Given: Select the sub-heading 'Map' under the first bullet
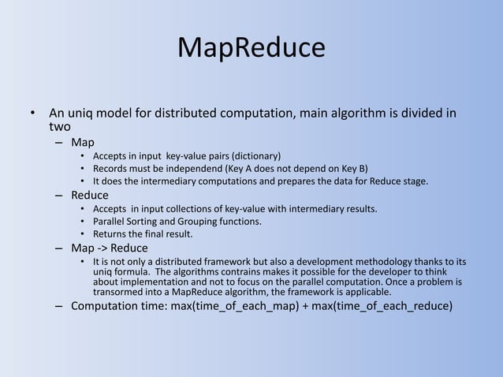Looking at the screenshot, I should point(82,142).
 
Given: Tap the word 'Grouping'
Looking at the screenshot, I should point(214,222).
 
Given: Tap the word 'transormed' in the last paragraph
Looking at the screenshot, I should point(119,292).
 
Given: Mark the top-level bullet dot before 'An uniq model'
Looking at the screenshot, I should point(33,113).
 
